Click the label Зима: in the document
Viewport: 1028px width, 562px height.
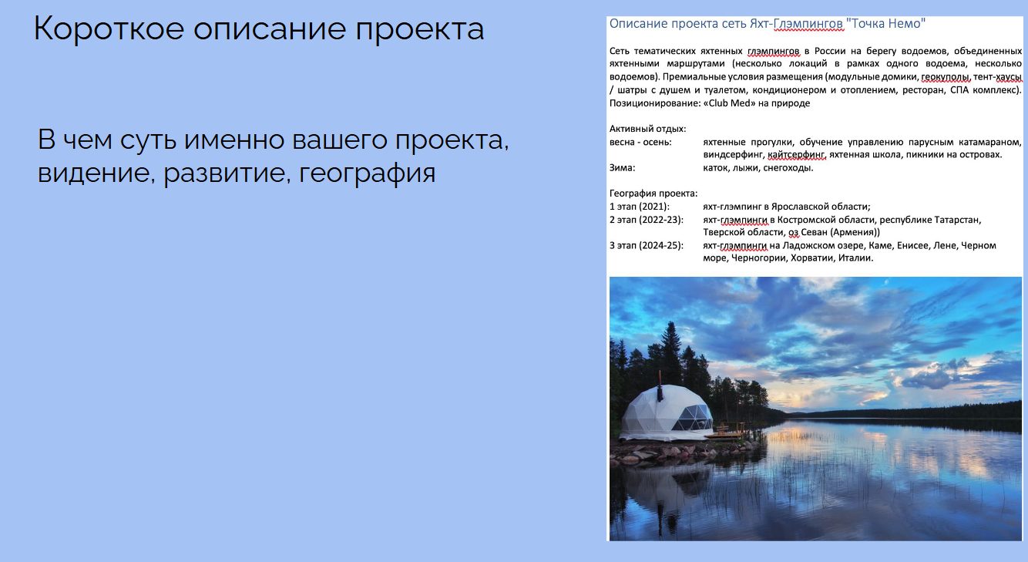click(623, 167)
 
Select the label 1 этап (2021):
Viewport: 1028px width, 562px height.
click(640, 207)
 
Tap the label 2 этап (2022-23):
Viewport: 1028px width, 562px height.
click(646, 220)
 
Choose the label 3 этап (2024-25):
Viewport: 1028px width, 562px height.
click(646, 245)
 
